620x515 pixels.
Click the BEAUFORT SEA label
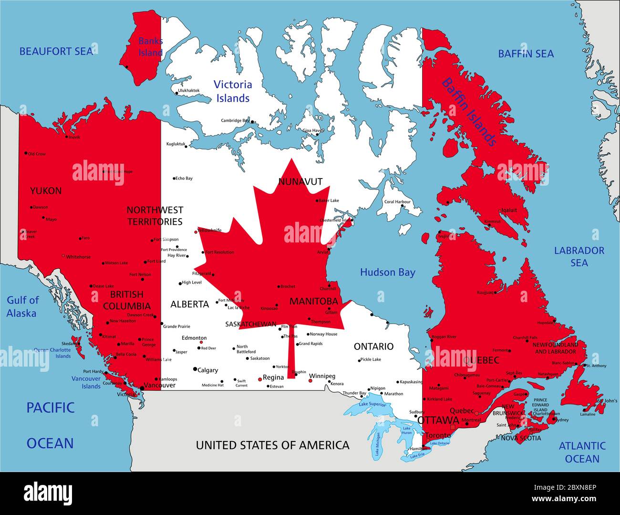point(56,51)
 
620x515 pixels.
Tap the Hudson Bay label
point(387,273)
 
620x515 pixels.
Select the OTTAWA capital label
point(438,421)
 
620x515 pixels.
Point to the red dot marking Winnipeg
point(310,380)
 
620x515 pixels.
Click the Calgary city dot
point(195,369)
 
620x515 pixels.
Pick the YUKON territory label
point(46,191)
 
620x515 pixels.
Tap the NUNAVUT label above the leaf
point(300,182)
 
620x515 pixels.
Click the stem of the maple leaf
point(291,353)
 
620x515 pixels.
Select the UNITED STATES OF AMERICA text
point(272,445)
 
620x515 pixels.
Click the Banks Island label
point(150,47)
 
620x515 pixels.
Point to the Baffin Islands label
point(468,113)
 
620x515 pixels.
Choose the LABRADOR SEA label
point(579,257)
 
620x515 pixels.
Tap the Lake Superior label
point(372,405)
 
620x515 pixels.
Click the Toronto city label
point(437,435)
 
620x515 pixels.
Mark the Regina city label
point(273,378)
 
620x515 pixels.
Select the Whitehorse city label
point(78,257)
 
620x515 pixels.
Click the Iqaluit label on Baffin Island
point(508,210)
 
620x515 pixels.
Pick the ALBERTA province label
point(189,305)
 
